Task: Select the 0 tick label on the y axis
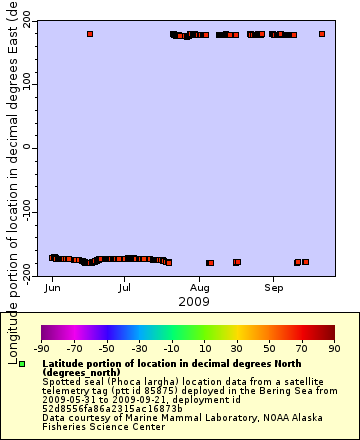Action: click(x=28, y=147)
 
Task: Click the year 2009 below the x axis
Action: click(x=193, y=301)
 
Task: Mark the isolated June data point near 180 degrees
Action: click(x=90, y=34)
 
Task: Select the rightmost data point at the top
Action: click(x=322, y=34)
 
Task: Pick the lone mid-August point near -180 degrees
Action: click(x=237, y=262)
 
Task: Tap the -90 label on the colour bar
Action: click(x=42, y=349)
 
